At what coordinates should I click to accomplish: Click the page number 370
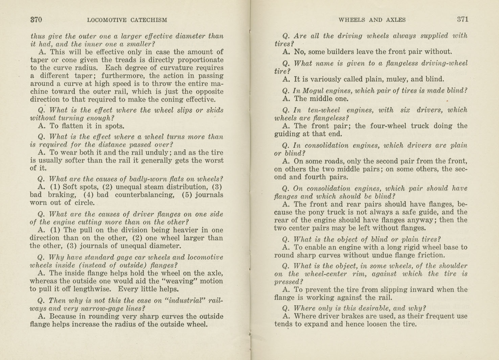point(36,20)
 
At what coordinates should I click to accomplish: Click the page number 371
point(462,19)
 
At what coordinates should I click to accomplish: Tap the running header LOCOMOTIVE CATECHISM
point(127,20)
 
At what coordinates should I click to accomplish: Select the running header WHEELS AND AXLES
point(372,20)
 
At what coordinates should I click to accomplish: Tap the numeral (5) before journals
point(188,195)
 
